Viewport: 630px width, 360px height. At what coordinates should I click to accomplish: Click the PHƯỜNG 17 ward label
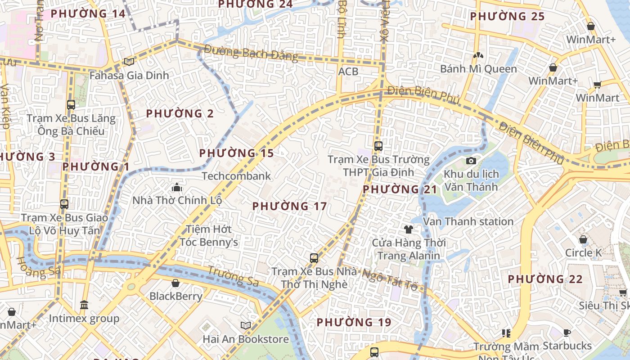(x=289, y=207)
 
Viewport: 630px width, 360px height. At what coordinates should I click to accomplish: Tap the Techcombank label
(x=236, y=176)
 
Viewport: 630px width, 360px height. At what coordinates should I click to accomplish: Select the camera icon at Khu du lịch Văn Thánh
(x=471, y=161)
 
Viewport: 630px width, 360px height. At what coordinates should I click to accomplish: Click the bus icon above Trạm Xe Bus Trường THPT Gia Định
(x=378, y=146)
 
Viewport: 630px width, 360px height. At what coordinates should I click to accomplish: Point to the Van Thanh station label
(x=468, y=221)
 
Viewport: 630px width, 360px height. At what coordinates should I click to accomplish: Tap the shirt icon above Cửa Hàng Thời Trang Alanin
(x=408, y=229)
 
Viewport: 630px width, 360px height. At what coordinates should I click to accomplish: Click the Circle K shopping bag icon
(x=583, y=239)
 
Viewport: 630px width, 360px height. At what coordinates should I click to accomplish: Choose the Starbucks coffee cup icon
(x=567, y=333)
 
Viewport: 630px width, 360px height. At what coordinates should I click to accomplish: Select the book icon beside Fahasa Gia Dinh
(x=129, y=62)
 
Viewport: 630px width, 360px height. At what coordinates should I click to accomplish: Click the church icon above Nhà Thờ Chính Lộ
(x=177, y=187)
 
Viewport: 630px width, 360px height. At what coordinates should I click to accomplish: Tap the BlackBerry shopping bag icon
(x=175, y=283)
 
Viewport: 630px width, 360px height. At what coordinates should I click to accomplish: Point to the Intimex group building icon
(x=84, y=305)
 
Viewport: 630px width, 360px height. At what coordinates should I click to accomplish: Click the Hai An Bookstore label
(x=246, y=339)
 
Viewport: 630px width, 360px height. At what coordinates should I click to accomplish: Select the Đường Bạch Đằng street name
(x=251, y=53)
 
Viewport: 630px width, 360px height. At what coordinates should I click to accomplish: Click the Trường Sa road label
(x=233, y=276)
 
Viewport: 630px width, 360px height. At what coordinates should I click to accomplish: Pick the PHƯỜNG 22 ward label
(x=545, y=279)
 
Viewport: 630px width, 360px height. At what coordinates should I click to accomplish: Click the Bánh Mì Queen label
(x=478, y=69)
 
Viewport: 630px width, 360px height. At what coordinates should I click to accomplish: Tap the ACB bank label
(x=348, y=71)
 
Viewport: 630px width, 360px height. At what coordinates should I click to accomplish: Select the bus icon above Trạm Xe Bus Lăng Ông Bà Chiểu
(x=71, y=105)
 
